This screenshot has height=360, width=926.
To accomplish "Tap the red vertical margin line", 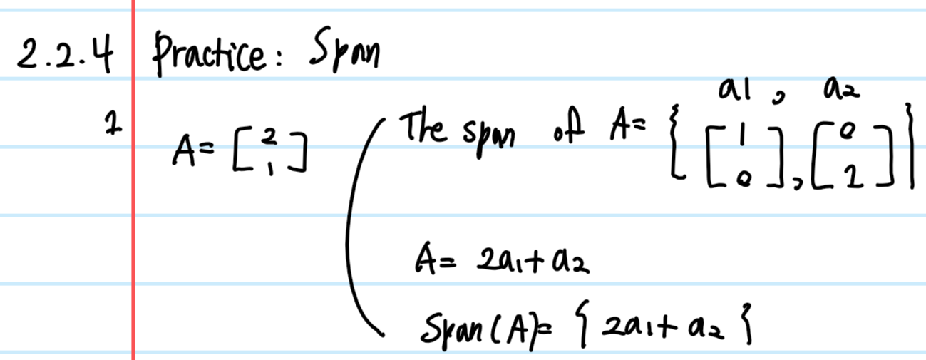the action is click(x=133, y=214).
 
